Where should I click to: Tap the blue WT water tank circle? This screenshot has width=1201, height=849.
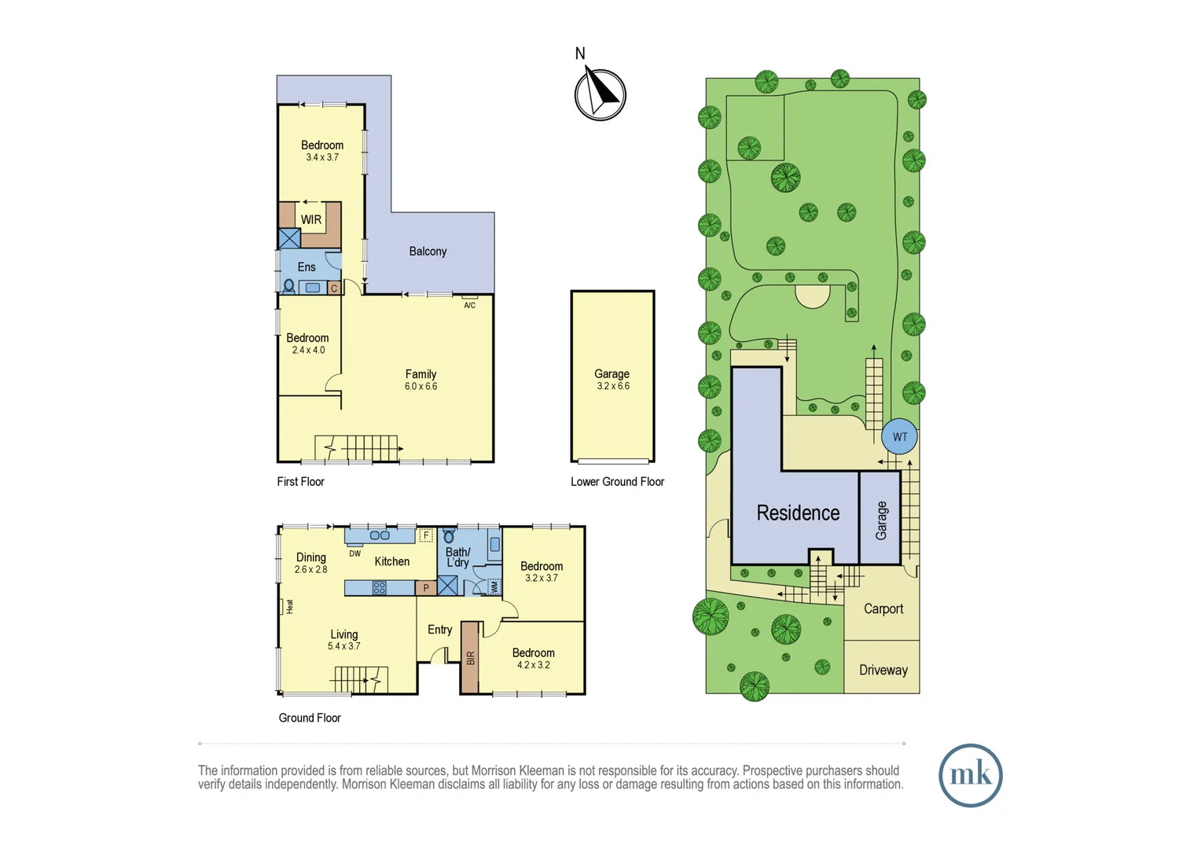tap(899, 437)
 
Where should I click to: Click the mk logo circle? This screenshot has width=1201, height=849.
tap(970, 775)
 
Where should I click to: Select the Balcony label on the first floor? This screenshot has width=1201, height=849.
tap(428, 252)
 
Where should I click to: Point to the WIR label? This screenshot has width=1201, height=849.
tap(311, 220)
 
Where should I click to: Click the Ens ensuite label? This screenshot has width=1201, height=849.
tap(307, 267)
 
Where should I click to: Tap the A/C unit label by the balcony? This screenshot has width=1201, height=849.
tap(469, 305)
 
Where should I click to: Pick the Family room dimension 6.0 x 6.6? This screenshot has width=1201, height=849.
tap(421, 387)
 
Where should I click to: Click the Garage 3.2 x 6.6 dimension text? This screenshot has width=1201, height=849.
tap(612, 386)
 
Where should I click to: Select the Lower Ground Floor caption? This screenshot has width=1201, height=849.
tap(617, 482)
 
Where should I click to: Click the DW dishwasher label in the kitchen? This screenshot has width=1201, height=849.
tap(355, 553)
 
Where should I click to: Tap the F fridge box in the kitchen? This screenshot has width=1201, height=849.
tap(425, 535)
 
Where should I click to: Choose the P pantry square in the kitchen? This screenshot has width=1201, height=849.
tap(426, 587)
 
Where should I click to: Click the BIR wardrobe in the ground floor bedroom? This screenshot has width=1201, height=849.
tap(470, 658)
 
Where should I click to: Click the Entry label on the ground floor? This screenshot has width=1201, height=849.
tap(439, 630)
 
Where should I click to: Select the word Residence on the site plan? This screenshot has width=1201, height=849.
tap(798, 513)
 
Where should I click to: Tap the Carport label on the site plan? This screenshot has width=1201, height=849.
tap(883, 609)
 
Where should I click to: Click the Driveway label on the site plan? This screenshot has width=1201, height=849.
tap(883, 671)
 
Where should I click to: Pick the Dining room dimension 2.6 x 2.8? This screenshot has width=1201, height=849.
tap(310, 569)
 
